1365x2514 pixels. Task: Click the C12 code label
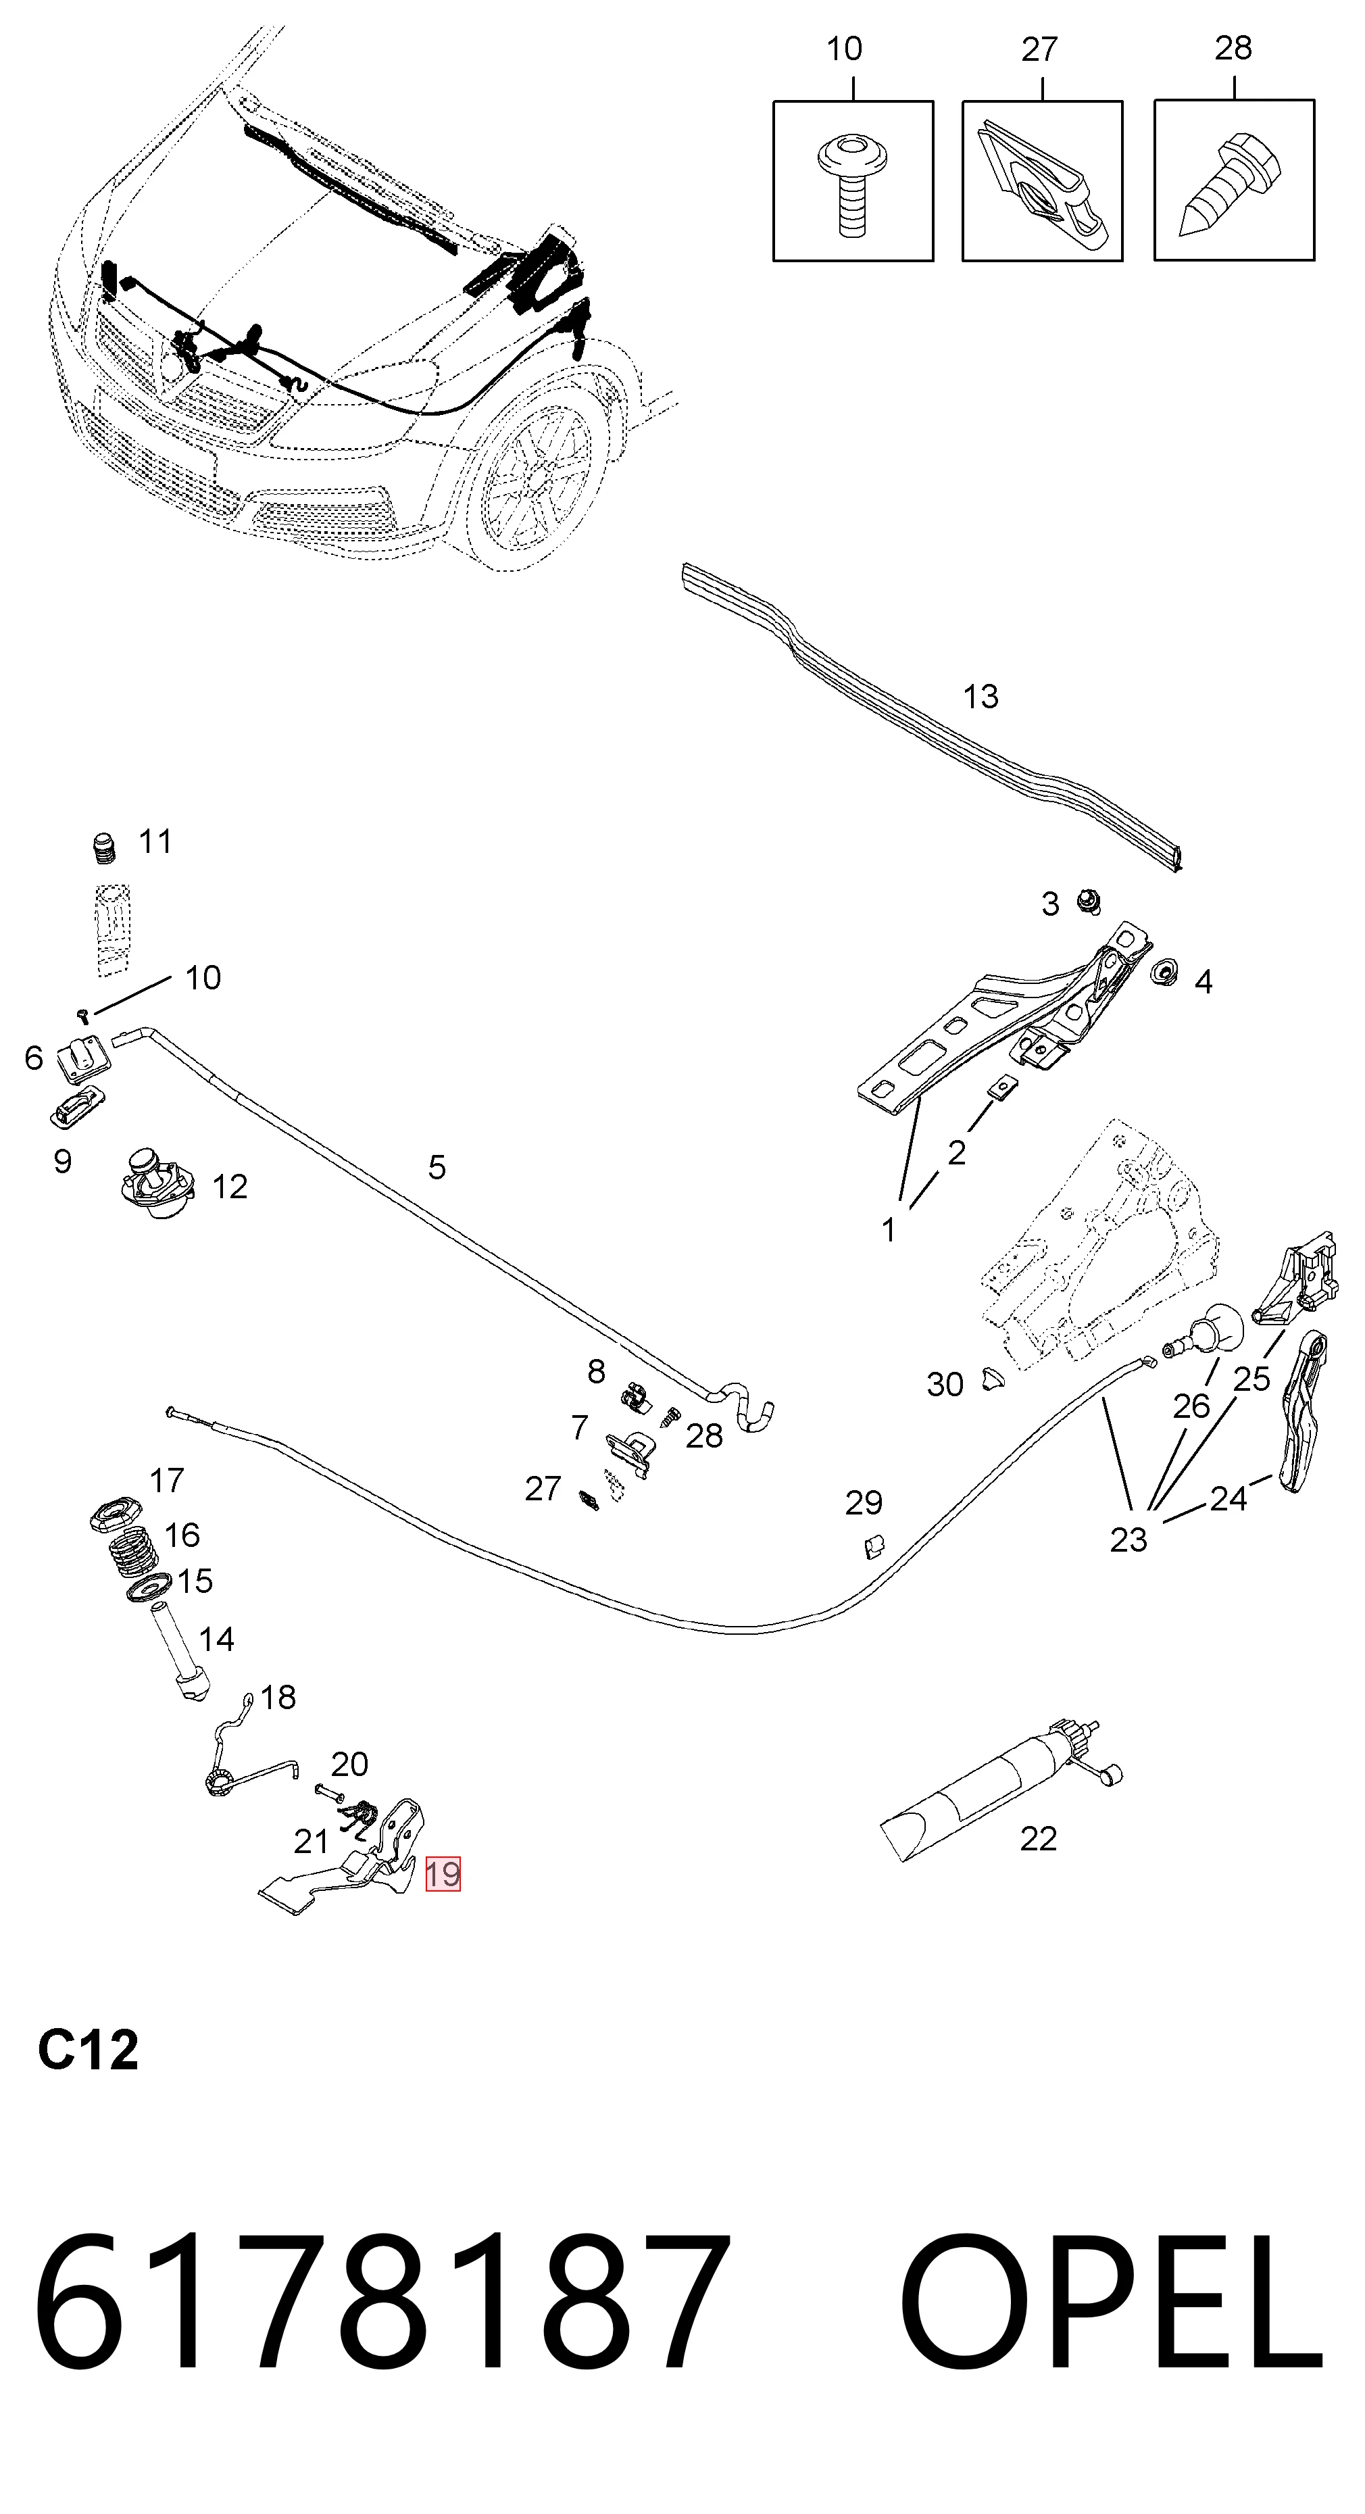[88, 2050]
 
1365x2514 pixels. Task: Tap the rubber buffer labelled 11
[104, 848]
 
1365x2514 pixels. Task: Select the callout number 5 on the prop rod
[437, 1167]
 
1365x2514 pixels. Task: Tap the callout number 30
[945, 1384]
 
